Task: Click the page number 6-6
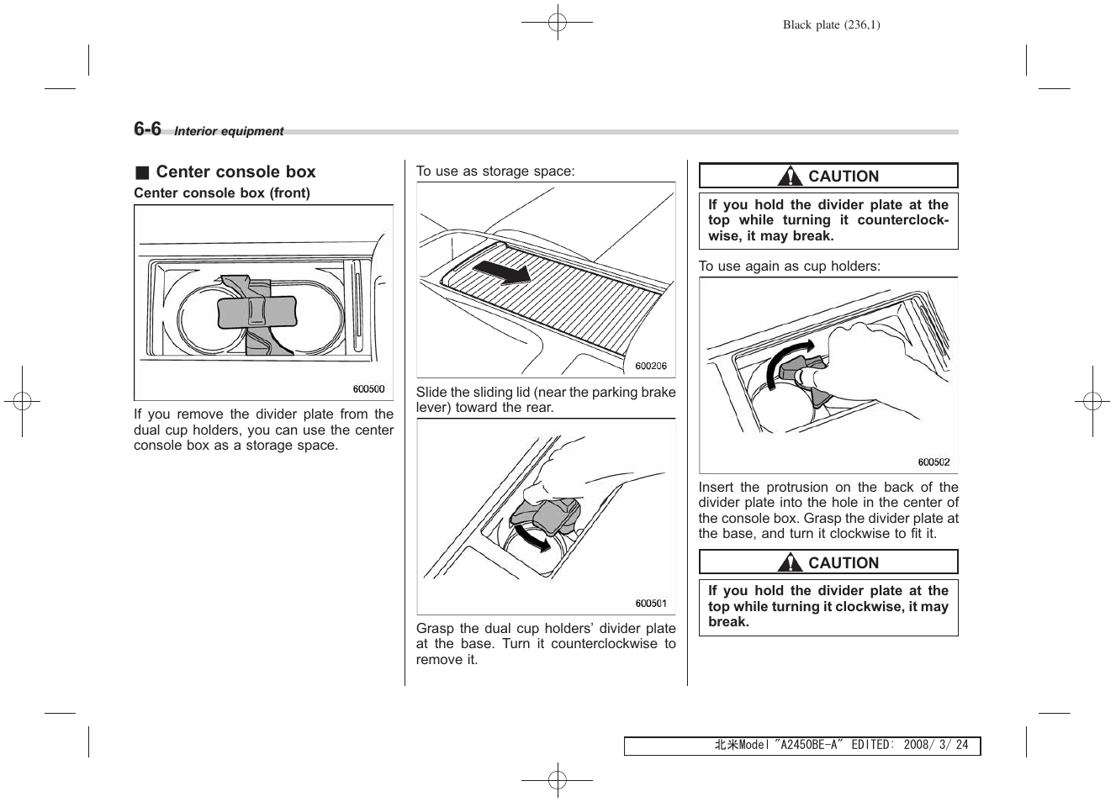(147, 129)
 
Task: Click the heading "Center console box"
(235, 172)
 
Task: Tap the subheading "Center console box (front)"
(222, 193)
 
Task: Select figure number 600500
(368, 389)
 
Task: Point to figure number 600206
(651, 366)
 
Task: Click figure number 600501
(651, 603)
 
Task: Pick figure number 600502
(934, 462)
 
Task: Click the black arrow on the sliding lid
(502, 271)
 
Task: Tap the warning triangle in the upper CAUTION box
(790, 177)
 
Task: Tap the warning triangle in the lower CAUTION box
(790, 563)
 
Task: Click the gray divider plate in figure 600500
(257, 312)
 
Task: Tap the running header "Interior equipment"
(229, 131)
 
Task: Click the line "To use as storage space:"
(495, 171)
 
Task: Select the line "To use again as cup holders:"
(789, 266)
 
